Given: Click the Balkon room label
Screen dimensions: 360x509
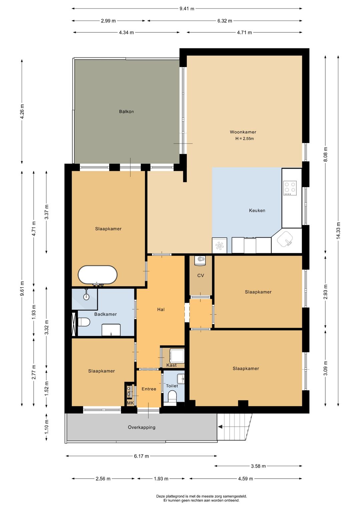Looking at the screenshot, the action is coord(126,111).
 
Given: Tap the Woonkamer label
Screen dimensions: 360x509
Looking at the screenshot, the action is coord(243,132).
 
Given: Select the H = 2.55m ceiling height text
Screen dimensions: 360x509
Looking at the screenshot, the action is coord(245,138).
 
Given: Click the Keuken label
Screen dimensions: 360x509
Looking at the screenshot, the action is coord(257,210).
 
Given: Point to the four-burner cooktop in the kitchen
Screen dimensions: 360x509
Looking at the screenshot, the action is coord(290,188).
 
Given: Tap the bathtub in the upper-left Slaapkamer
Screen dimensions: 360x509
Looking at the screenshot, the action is coord(97,275).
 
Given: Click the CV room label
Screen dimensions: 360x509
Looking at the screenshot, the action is coord(201,276).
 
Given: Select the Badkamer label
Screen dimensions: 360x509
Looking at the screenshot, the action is coord(105,314).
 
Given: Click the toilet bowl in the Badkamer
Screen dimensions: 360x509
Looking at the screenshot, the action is coord(84,322).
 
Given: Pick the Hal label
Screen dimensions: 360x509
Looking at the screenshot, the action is coord(161,310).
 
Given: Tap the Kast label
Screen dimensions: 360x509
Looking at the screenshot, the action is coord(171,365).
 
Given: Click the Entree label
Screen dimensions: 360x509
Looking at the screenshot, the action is coord(149,389).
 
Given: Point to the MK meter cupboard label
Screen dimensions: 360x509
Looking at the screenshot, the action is coord(130,403).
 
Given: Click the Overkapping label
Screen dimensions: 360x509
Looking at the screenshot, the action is coord(142,427).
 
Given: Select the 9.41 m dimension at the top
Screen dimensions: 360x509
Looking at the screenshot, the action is coord(187,9).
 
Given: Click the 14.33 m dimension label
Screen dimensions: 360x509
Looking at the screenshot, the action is coord(338,230).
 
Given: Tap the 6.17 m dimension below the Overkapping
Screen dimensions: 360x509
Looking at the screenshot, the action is coord(141,456).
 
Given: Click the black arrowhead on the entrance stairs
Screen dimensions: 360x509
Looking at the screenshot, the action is coord(220,427).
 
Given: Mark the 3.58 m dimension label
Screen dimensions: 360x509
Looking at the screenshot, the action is coord(258,466).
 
